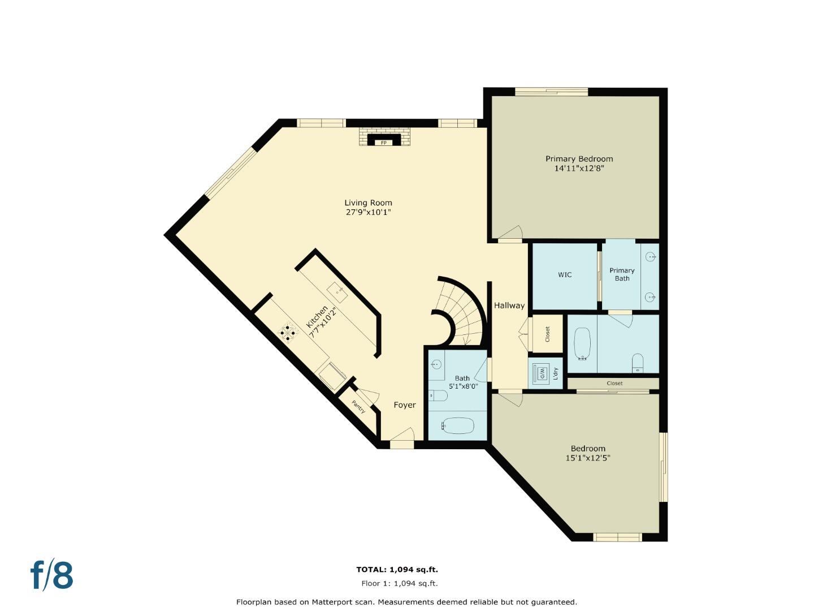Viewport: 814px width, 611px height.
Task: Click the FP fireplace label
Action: click(384, 143)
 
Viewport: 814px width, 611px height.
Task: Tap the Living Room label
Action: click(368, 203)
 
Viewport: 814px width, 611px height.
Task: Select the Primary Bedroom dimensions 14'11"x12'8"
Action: click(579, 168)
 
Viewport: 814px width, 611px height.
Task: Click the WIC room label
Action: click(565, 275)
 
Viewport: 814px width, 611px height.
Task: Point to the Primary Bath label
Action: click(622, 274)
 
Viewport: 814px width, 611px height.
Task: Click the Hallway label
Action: click(509, 305)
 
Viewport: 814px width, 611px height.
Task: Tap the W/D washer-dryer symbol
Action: click(540, 373)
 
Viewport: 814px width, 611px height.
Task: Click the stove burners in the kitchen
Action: click(289, 333)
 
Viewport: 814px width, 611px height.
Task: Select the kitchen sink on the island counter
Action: click(337, 292)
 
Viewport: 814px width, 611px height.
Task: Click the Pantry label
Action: click(359, 406)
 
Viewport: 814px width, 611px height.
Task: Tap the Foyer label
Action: click(405, 405)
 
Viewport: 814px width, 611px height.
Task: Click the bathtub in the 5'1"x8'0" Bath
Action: click(458, 425)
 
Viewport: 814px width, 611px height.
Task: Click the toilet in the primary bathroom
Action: click(638, 363)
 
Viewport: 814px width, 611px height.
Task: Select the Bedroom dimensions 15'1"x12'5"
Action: click(588, 458)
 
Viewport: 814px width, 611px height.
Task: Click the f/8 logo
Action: click(51, 575)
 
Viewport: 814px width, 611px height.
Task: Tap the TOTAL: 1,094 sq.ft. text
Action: click(397, 570)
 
